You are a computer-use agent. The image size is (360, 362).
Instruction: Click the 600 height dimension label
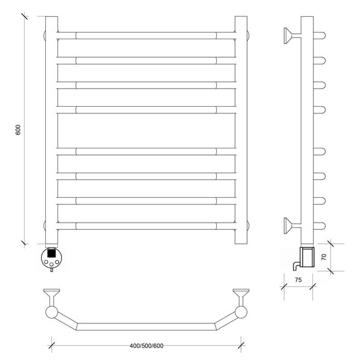18,130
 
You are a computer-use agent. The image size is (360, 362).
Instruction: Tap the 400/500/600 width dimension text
147,346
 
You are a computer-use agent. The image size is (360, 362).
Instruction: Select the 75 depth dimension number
298,280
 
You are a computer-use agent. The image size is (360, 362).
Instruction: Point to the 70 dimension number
324,257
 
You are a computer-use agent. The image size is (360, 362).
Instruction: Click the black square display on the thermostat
51,253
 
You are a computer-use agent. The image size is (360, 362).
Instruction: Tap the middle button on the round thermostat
51,264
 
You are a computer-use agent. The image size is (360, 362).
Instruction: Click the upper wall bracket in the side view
292,36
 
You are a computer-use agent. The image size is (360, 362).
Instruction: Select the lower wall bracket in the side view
292,226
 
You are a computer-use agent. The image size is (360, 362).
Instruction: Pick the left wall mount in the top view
51,297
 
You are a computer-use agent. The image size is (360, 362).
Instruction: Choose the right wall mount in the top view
241,297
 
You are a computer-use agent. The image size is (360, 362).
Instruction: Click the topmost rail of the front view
146,36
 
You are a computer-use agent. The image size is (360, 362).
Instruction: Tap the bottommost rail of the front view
146,226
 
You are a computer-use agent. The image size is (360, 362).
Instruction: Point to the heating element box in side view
307,257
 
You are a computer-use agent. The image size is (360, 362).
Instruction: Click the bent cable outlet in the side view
296,265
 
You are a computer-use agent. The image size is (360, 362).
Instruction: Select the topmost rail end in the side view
320,36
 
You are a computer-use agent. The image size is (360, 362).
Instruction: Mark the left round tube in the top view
51,313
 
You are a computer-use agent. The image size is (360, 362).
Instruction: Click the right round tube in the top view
241,313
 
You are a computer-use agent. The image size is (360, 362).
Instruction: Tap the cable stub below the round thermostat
51,270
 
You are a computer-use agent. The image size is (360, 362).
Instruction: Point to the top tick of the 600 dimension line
25,16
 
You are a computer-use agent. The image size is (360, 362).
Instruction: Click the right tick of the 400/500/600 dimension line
241,345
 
